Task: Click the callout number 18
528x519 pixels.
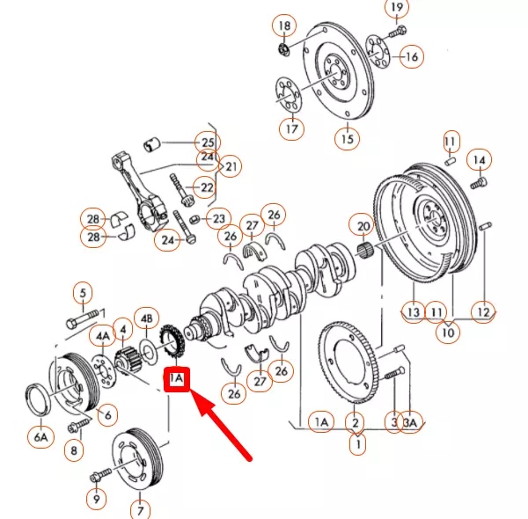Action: [x=284, y=23]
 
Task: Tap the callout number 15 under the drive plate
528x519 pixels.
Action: [x=347, y=139]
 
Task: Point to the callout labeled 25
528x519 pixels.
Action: [x=208, y=142]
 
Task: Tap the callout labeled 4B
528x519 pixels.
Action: [x=146, y=318]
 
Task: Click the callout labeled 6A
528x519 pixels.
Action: [x=40, y=435]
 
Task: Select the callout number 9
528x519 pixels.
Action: [x=94, y=498]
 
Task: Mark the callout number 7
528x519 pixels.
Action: [x=139, y=508]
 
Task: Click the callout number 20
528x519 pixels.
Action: [x=361, y=226]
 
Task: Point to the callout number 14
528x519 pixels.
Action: [x=479, y=160]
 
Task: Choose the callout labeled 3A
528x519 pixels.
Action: [x=411, y=423]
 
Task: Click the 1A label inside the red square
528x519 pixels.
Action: [x=176, y=379]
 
